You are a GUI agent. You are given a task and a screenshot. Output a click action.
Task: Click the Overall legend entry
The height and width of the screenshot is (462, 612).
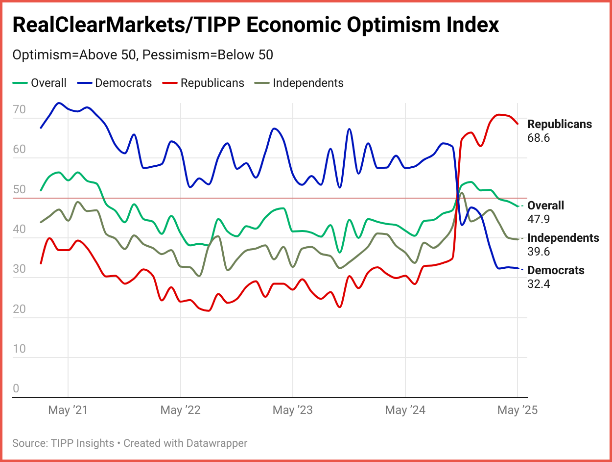tap(48, 83)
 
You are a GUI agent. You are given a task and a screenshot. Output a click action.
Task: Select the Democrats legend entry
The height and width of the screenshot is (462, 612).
tap(123, 83)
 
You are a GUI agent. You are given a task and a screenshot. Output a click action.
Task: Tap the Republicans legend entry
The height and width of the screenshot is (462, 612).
tap(212, 83)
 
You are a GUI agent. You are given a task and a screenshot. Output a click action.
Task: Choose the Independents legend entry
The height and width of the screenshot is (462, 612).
tap(308, 83)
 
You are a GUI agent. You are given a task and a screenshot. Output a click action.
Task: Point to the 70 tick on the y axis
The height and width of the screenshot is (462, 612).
tap(19, 109)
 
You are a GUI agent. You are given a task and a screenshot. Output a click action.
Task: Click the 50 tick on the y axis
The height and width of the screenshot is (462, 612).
tap(19, 189)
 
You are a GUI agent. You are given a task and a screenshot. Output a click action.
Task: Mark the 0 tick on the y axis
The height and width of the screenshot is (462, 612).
tap(16, 389)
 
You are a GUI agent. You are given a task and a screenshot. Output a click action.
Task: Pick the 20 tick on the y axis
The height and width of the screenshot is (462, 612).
tap(19, 309)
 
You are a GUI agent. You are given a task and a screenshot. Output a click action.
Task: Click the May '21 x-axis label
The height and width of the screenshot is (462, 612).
tap(68, 410)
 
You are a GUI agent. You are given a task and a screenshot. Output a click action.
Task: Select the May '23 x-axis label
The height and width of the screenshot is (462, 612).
tap(293, 410)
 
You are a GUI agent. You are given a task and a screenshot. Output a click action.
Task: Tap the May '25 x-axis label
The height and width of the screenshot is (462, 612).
tap(518, 410)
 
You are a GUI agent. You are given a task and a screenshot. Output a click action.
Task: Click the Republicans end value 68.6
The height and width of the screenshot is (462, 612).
tap(539, 138)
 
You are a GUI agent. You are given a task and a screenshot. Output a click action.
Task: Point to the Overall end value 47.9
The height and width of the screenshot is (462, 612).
tap(539, 219)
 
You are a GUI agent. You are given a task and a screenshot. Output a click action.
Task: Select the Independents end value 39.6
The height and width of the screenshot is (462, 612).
tap(539, 252)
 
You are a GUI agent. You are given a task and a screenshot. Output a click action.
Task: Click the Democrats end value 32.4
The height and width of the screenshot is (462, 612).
tap(539, 283)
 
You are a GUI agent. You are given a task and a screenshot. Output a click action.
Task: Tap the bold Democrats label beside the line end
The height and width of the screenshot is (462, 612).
tap(556, 270)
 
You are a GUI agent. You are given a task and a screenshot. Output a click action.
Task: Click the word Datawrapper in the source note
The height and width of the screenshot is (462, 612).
tap(216, 443)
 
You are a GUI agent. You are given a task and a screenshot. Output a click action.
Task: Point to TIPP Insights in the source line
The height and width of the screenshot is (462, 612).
tap(82, 443)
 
